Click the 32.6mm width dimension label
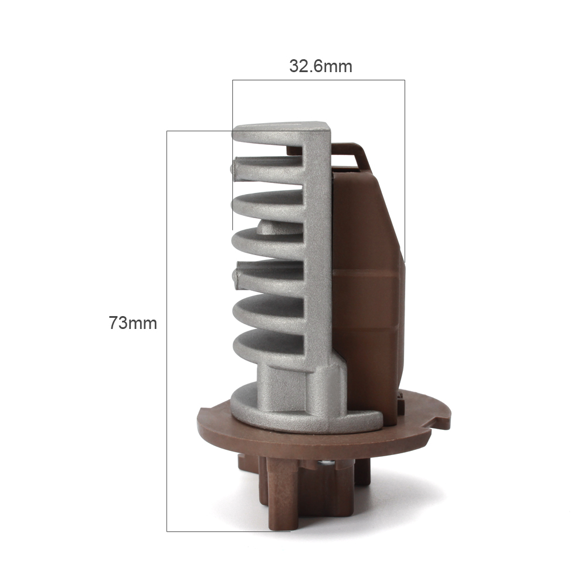[x=320, y=66]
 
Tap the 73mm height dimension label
[x=133, y=323]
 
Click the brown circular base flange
[x=322, y=435]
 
